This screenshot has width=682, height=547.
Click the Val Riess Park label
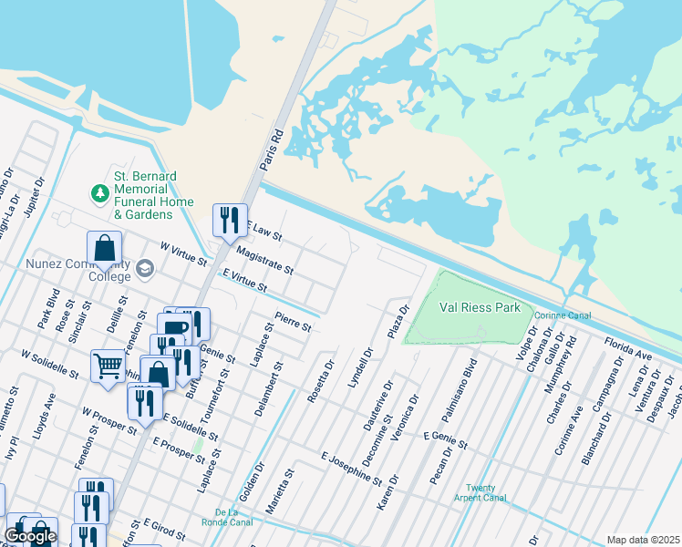(x=480, y=307)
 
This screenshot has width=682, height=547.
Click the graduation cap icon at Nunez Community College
(x=144, y=268)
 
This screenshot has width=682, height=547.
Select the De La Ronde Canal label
(x=232, y=516)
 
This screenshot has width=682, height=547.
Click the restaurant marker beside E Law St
(x=230, y=220)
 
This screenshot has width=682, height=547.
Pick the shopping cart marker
(x=108, y=366)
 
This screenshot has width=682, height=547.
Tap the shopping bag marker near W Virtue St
(x=105, y=248)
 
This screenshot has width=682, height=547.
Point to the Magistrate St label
(x=263, y=259)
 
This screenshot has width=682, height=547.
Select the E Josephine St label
(x=351, y=466)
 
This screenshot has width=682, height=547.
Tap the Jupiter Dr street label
(x=37, y=196)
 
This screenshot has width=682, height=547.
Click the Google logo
(x=29, y=536)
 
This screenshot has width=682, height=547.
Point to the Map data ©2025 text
(x=642, y=540)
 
